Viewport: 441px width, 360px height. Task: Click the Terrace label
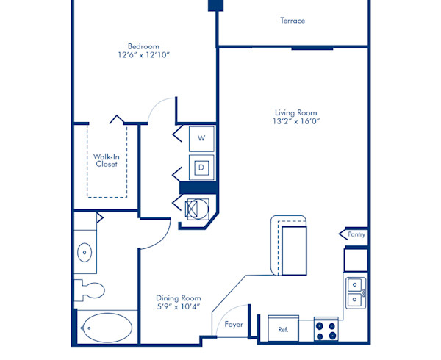293,21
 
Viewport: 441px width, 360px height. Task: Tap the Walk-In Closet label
107,160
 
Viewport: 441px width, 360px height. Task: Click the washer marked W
201,137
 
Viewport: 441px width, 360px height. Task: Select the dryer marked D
201,168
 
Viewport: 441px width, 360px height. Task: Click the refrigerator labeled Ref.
283,330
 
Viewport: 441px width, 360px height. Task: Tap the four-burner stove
326,329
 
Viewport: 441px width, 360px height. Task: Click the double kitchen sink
354,291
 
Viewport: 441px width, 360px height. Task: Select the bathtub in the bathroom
107,328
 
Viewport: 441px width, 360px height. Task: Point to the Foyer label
234,324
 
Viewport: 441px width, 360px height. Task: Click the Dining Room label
179,298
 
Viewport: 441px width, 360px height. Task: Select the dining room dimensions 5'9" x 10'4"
179,308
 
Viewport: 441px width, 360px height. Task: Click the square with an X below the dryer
198,209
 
